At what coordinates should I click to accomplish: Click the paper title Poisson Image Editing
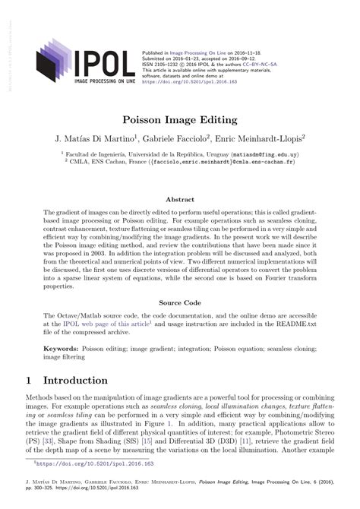[180, 120]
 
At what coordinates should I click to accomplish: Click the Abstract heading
[180, 199]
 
